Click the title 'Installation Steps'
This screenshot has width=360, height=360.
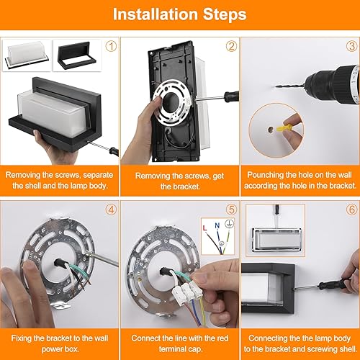pyautogui.click(x=179, y=14)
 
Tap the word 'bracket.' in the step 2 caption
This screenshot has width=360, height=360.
pyautogui.click(x=179, y=186)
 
